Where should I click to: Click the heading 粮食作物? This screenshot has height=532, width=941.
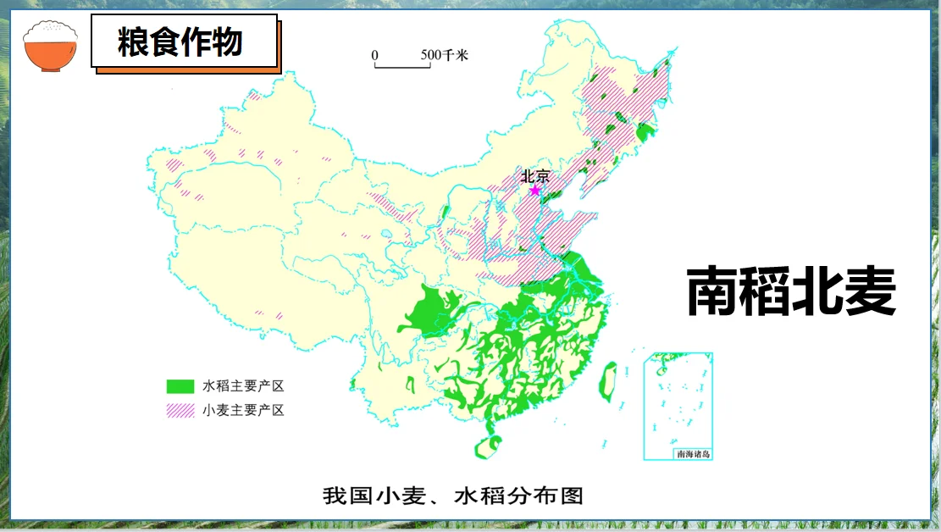pyautogui.click(x=180, y=42)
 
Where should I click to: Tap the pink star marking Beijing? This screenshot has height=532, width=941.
pyautogui.click(x=534, y=191)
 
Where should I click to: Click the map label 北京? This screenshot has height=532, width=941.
pyautogui.click(x=535, y=176)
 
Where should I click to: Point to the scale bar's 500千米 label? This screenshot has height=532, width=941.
pyautogui.click(x=444, y=56)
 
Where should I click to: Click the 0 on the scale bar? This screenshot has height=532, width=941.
pyautogui.click(x=374, y=56)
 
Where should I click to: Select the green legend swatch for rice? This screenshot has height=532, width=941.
pyautogui.click(x=180, y=386)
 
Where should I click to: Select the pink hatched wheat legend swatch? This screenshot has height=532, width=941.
pyautogui.click(x=180, y=411)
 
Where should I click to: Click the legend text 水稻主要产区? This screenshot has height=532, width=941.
pyautogui.click(x=243, y=386)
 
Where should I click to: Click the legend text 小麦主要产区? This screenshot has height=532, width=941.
pyautogui.click(x=243, y=411)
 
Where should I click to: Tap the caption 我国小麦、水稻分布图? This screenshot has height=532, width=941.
pyautogui.click(x=453, y=495)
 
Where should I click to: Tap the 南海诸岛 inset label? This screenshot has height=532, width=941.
pyautogui.click(x=694, y=454)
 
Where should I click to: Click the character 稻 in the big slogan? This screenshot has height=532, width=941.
pyautogui.click(x=765, y=293)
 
